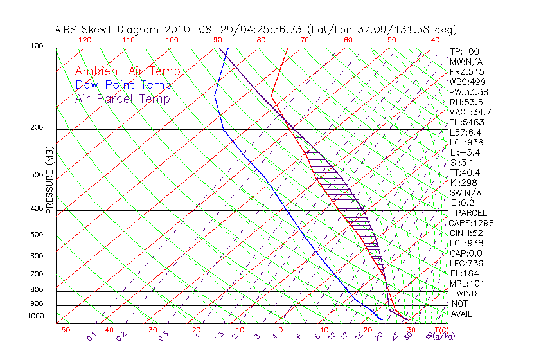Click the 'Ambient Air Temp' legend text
[x=127, y=71]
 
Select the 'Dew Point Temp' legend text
[x=123, y=85]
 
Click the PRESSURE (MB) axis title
[x=50, y=181]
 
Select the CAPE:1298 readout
[x=467, y=223]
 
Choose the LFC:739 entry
[x=466, y=263]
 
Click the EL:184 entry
[x=464, y=273]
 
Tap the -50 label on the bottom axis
[x=62, y=330]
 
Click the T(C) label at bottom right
[x=441, y=329]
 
